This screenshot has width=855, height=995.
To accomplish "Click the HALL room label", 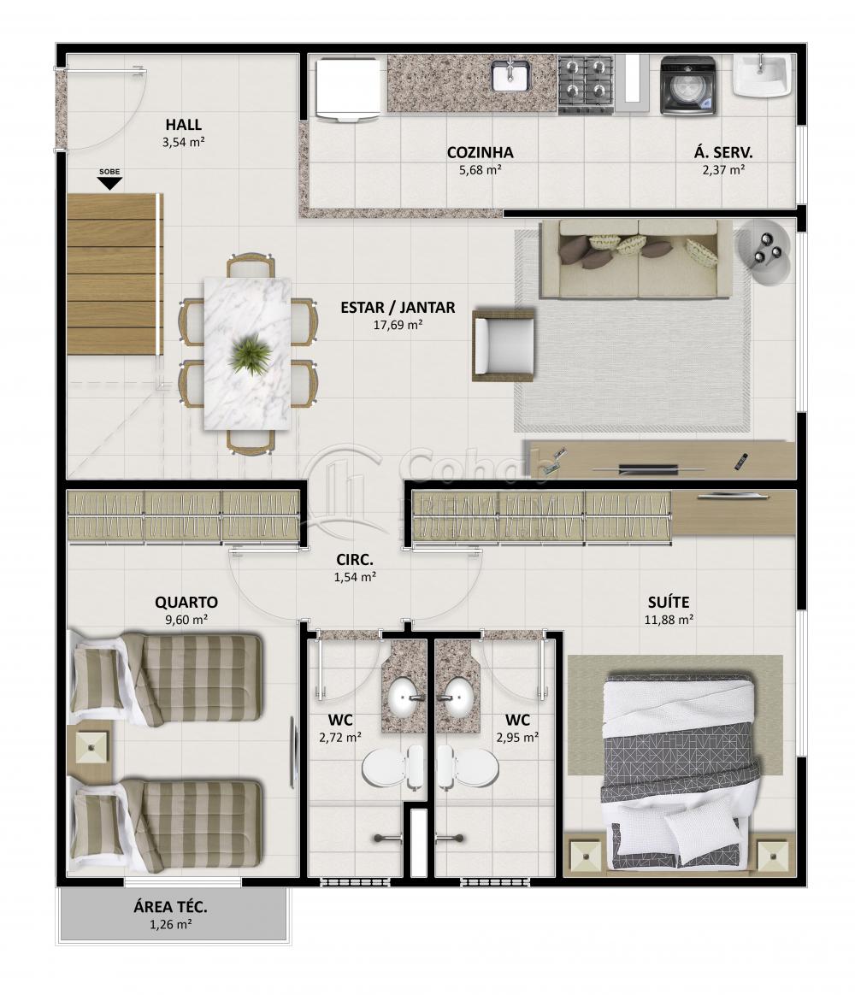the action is pyautogui.click(x=184, y=125).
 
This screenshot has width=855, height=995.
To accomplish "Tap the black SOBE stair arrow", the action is pyautogui.click(x=109, y=184).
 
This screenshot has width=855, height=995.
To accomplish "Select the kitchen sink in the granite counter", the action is pyautogui.click(x=510, y=75).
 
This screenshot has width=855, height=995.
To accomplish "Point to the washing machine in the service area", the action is pyautogui.click(x=688, y=85).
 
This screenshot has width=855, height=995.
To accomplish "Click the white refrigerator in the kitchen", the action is pyautogui.click(x=349, y=87).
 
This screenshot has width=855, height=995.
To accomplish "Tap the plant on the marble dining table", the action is pyautogui.click(x=251, y=353).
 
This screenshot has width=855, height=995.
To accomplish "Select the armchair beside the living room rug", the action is pyautogui.click(x=504, y=345).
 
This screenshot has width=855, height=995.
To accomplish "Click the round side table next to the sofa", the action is pyautogui.click(x=763, y=251).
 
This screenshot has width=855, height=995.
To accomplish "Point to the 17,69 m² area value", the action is pyautogui.click(x=398, y=325).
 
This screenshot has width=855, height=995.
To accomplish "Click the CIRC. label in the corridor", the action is pyautogui.click(x=355, y=560).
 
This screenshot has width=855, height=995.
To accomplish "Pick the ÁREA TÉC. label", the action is pyautogui.click(x=171, y=907).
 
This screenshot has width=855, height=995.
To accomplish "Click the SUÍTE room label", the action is pyautogui.click(x=669, y=602).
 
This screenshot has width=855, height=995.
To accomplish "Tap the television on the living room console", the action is pyautogui.click(x=648, y=469).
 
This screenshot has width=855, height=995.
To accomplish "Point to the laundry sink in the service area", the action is pyautogui.click(x=762, y=75).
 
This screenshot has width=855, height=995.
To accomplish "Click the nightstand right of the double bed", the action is pyautogui.click(x=772, y=855).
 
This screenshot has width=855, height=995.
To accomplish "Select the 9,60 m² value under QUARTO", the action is pyautogui.click(x=186, y=620).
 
